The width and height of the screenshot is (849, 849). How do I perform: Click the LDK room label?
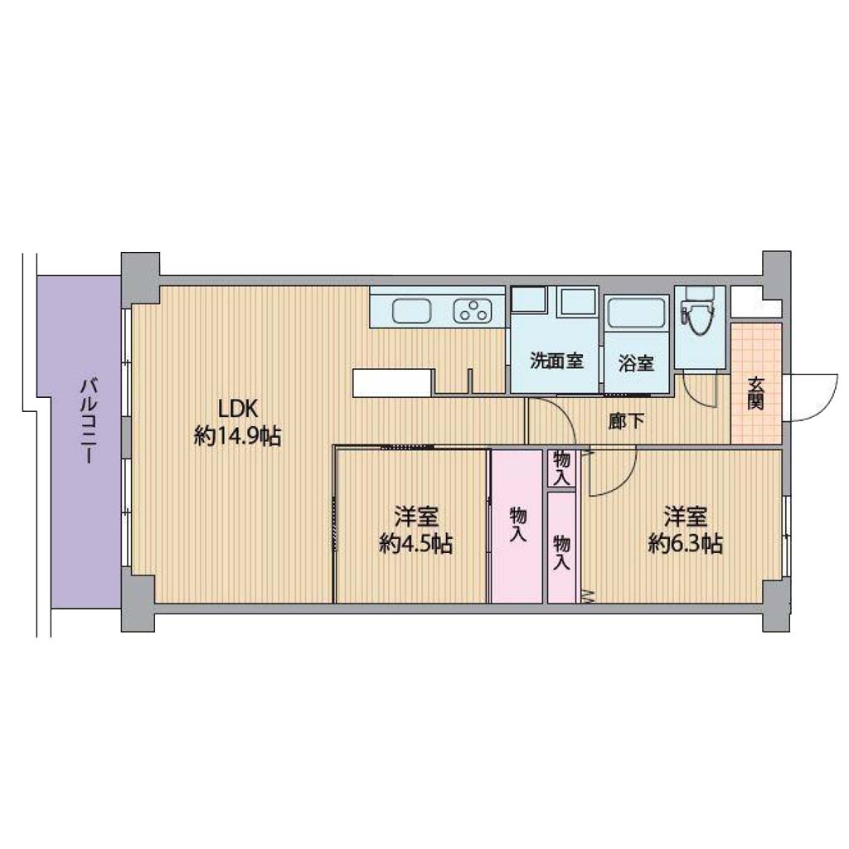coord(237,408)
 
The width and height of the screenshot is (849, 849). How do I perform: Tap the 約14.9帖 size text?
coord(238,435)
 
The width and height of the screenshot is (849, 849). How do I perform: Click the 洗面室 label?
coord(556,361)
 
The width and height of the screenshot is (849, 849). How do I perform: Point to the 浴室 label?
coord(636,363)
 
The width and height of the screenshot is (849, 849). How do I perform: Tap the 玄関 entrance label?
coord(756,392)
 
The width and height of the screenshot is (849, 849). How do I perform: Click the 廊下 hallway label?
coord(627,421)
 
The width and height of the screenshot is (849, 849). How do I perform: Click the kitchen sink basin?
coord(412,312)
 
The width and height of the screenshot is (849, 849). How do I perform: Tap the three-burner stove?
coord(473,312)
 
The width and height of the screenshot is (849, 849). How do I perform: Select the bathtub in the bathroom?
coord(637,313)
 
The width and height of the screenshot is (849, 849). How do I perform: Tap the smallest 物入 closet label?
coord(561,469)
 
